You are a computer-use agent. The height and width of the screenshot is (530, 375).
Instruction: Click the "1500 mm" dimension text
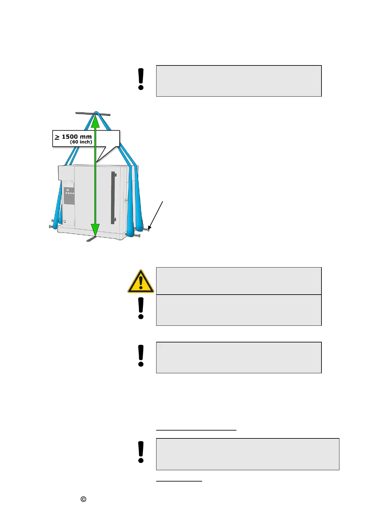tap(77, 137)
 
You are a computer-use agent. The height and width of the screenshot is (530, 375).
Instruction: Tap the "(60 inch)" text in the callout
tap(81, 142)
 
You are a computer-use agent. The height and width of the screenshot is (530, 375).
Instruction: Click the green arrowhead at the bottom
tap(95, 229)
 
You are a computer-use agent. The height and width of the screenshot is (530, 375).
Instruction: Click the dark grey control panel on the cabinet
tap(69, 196)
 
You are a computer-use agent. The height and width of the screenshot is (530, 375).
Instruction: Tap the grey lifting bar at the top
tap(93, 114)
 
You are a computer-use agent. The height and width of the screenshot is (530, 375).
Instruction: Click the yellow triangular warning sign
tap(141, 281)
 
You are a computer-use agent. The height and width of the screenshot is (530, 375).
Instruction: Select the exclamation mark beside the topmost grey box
tap(141, 79)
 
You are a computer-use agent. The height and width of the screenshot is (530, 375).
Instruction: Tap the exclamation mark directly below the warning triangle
tap(141, 308)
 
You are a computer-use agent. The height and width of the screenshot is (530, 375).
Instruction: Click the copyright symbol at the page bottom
tap(83, 499)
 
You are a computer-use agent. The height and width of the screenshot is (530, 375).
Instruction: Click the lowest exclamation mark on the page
tap(141, 452)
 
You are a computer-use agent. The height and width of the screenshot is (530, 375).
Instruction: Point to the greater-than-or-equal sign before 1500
tap(57, 137)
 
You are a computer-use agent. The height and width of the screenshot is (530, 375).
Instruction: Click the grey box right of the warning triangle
tap(239, 281)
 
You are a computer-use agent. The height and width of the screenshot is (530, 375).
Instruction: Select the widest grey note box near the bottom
tap(247, 454)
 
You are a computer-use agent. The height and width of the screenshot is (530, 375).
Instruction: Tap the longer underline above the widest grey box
tap(196, 430)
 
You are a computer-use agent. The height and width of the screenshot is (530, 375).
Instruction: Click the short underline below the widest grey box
tap(179, 481)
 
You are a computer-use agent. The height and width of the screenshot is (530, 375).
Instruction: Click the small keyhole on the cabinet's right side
tap(126, 200)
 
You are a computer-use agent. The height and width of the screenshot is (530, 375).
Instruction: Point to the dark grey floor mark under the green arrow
tap(92, 239)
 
